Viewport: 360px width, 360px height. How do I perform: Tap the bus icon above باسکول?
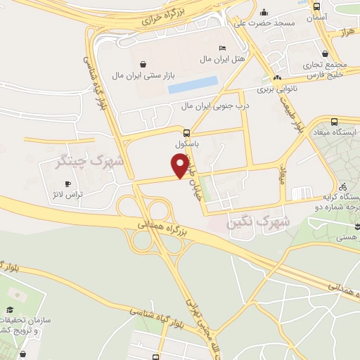(186, 132)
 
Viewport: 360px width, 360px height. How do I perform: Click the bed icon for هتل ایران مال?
(223, 47)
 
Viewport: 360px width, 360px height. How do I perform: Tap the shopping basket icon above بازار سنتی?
(143, 63)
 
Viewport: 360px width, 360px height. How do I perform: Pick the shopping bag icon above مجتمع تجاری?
(326, 53)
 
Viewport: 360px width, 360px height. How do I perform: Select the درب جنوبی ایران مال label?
(207, 106)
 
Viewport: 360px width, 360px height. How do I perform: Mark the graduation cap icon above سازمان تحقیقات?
(11, 310)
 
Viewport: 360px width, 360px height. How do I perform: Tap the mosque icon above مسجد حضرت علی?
(264, 12)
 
